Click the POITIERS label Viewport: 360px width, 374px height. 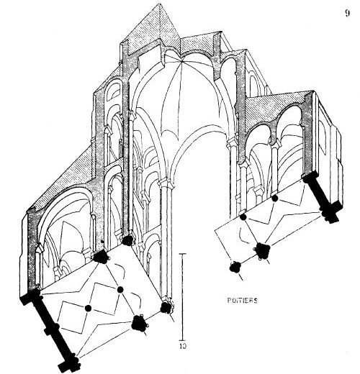click(x=242, y=301)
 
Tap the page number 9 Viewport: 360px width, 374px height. click(x=347, y=13)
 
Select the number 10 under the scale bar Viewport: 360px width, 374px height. click(x=183, y=346)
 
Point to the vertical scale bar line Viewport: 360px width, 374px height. click(x=183, y=296)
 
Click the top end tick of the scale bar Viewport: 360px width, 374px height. click(x=183, y=253)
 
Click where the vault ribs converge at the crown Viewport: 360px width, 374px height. click(x=182, y=62)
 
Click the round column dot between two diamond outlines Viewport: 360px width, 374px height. click(x=88, y=308)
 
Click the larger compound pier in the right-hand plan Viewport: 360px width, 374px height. click(x=262, y=251)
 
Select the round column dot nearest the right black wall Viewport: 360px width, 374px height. click(x=275, y=199)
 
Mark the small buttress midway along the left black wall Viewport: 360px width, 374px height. click(x=57, y=327)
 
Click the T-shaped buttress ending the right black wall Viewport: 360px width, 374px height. click(x=330, y=214)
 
